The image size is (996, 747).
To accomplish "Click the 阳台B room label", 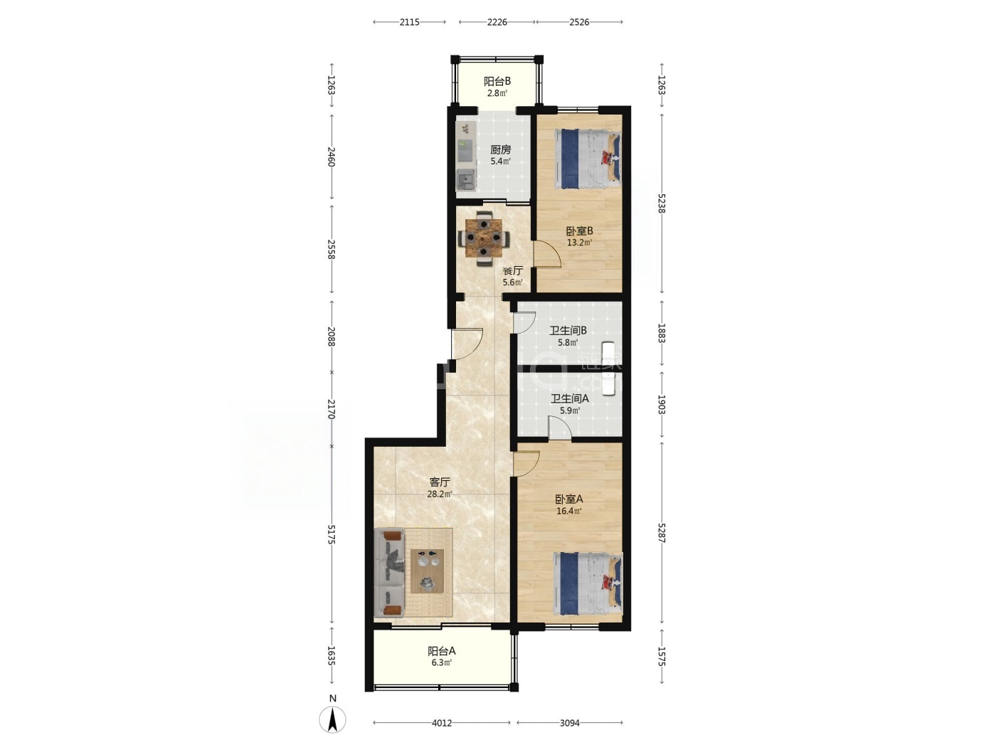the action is pos(497,82).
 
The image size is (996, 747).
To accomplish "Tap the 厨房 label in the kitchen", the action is pos(501,149).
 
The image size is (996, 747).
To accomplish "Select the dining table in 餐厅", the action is pos(484,238).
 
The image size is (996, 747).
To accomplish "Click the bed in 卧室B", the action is pos(588,159).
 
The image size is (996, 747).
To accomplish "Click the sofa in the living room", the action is pos(389,573).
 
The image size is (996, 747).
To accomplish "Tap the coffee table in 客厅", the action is pos(427,571).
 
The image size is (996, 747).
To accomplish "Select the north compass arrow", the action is pos(333,719).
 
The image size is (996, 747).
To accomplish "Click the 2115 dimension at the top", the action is pos(409,22).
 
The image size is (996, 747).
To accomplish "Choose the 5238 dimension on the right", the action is pos(661,203).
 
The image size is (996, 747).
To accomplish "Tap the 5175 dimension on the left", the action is pos(332,534).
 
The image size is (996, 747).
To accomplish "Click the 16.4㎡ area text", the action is pos(569,511).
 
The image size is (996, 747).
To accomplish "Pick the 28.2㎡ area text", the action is pos(439,494).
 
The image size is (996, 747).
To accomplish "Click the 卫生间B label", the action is pos(568,331).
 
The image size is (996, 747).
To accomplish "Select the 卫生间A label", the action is pos(569,398).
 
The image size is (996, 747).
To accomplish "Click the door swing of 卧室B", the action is pos(547,255).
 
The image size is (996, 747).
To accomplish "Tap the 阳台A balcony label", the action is pos(442,651).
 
